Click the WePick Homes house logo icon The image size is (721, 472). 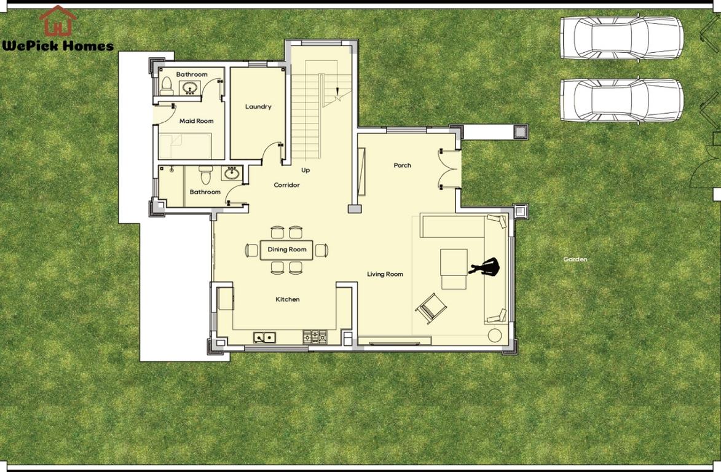tap(58, 21)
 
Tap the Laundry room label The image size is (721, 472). tap(258, 106)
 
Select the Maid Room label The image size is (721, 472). tap(197, 121)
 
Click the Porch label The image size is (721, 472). tap(403, 165)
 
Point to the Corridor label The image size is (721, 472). tap(287, 185)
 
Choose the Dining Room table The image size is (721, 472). tap(287, 250)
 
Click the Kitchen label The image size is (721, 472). tap(287, 299)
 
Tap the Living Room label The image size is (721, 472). tap(385, 274)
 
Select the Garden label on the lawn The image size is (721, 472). tap(575, 259)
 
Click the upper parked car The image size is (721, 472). tap(621, 37)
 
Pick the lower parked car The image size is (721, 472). tap(621, 100)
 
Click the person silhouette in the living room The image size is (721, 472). tap(485, 267)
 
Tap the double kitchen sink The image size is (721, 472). tap(265, 337)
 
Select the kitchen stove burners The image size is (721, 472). tap(314, 336)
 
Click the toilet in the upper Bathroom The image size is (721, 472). tap(166, 87)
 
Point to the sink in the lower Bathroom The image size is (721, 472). tap(232, 174)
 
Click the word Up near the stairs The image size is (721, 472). tap(305, 170)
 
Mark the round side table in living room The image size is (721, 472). tap(495, 336)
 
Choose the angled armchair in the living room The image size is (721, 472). tap(431, 307)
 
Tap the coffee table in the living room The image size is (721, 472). tap(454, 269)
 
